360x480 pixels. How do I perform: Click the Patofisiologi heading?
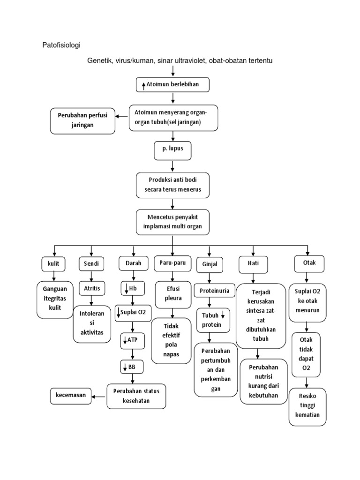coord(61,45)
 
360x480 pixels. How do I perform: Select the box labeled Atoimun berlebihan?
coord(173,84)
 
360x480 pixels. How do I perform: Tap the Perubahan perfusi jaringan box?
coord(82,120)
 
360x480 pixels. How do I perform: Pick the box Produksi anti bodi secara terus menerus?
coord(173,185)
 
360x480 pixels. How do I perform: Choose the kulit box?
coord(53,264)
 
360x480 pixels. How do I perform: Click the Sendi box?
coord(91,264)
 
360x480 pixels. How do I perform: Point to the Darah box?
coord(133,263)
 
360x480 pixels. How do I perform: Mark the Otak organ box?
coord(307,263)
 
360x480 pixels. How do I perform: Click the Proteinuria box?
coord(214,291)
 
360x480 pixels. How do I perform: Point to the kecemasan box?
coord(71,396)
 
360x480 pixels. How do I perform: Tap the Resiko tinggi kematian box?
coord(307,406)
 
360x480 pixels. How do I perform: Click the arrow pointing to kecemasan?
coord(99,397)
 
